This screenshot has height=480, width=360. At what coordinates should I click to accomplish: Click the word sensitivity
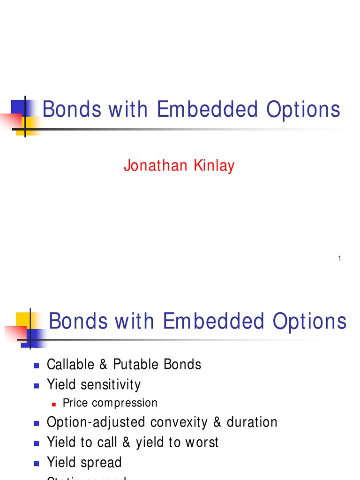pyautogui.click(x=111, y=384)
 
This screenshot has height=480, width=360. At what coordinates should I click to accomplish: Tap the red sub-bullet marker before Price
pyautogui.click(x=54, y=404)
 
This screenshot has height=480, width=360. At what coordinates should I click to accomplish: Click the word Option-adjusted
pyautogui.click(x=97, y=422)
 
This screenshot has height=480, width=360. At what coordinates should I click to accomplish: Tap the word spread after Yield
pyautogui.click(x=101, y=462)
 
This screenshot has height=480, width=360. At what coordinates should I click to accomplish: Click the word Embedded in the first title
pyautogui.click(x=207, y=110)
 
